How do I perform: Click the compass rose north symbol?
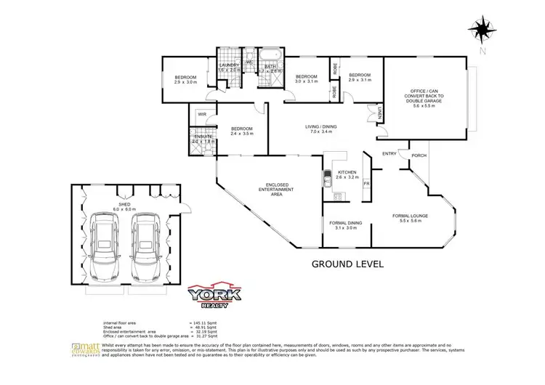click(x=480, y=30)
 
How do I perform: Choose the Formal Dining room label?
click(x=344, y=224)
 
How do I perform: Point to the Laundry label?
click(x=230, y=67)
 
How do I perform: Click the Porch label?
click(x=419, y=155)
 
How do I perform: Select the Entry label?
click(x=389, y=153)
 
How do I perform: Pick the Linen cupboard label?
click(x=380, y=113)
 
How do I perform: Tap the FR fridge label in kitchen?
click(x=366, y=184)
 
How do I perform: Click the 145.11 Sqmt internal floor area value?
click(x=206, y=321)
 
